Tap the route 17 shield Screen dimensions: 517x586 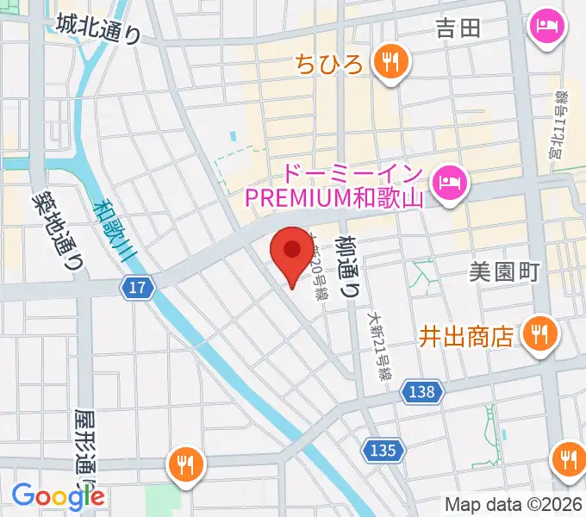(139, 288)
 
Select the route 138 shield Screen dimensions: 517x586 (423, 392)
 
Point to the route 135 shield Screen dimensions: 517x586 (383, 450)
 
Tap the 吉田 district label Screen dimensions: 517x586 (458, 28)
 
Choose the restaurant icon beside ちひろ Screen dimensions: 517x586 (391, 62)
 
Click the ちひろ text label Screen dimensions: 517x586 (330, 63)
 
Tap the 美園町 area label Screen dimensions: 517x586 (504, 272)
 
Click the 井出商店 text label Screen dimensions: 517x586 (466, 334)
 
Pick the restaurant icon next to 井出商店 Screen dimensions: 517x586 (539, 333)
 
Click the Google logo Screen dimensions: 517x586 (58, 495)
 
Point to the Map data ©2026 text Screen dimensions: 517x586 (514, 505)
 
